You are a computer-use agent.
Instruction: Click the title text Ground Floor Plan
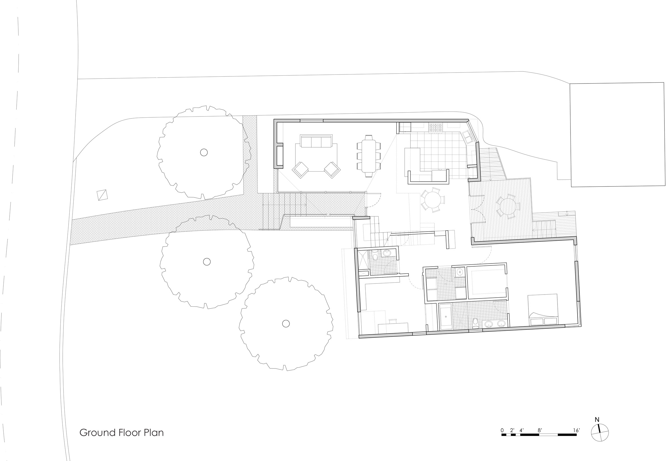[121, 433]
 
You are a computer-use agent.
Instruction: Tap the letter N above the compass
[597, 428]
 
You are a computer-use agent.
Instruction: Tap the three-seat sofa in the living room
[316, 141]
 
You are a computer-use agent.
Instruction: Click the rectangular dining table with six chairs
[368, 156]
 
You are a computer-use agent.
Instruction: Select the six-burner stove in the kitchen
[436, 128]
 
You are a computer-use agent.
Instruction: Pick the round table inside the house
[433, 199]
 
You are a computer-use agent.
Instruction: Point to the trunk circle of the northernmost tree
[204, 152]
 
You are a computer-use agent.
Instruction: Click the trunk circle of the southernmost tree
[286, 324]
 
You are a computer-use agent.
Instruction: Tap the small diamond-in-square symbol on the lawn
[102, 195]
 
